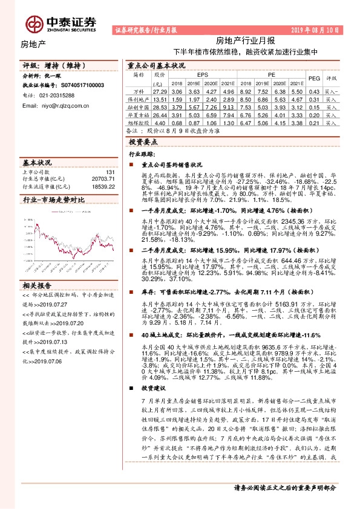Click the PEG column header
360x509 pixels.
[x=313, y=79]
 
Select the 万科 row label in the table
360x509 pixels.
[x=139, y=91]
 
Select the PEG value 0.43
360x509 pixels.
[x=313, y=91]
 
